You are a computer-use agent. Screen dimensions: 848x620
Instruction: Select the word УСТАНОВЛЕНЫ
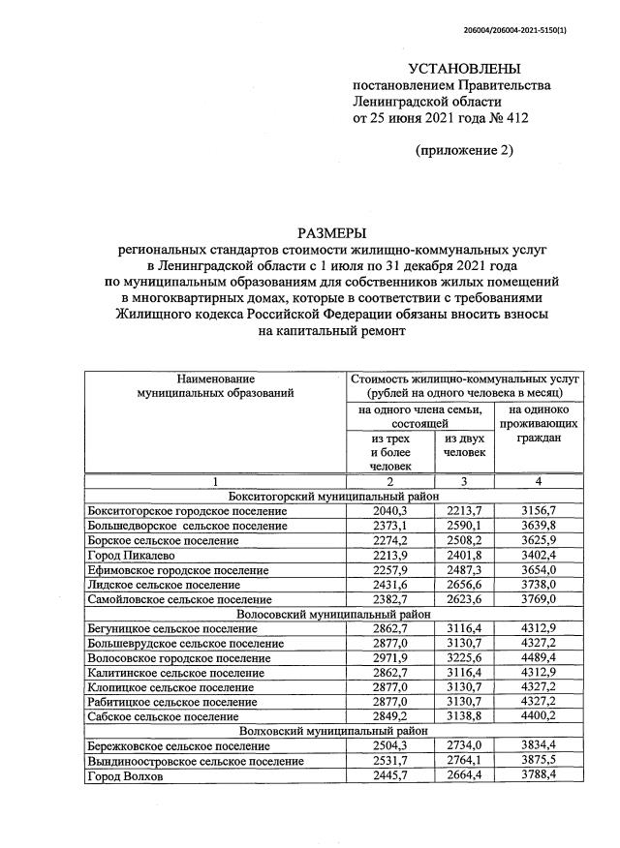464,69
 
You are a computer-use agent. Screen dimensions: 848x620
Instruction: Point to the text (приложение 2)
464,150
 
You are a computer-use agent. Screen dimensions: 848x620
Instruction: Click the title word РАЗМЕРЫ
332,232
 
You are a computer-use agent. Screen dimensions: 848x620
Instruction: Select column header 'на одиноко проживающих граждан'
538,424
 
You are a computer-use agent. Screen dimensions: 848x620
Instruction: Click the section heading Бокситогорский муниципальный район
332,496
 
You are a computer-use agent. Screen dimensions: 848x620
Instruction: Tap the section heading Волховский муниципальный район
332,732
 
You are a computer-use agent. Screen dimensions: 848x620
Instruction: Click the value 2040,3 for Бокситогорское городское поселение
389,510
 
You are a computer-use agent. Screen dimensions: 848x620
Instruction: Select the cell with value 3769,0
538,599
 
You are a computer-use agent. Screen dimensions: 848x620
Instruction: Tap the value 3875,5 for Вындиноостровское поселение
538,762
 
